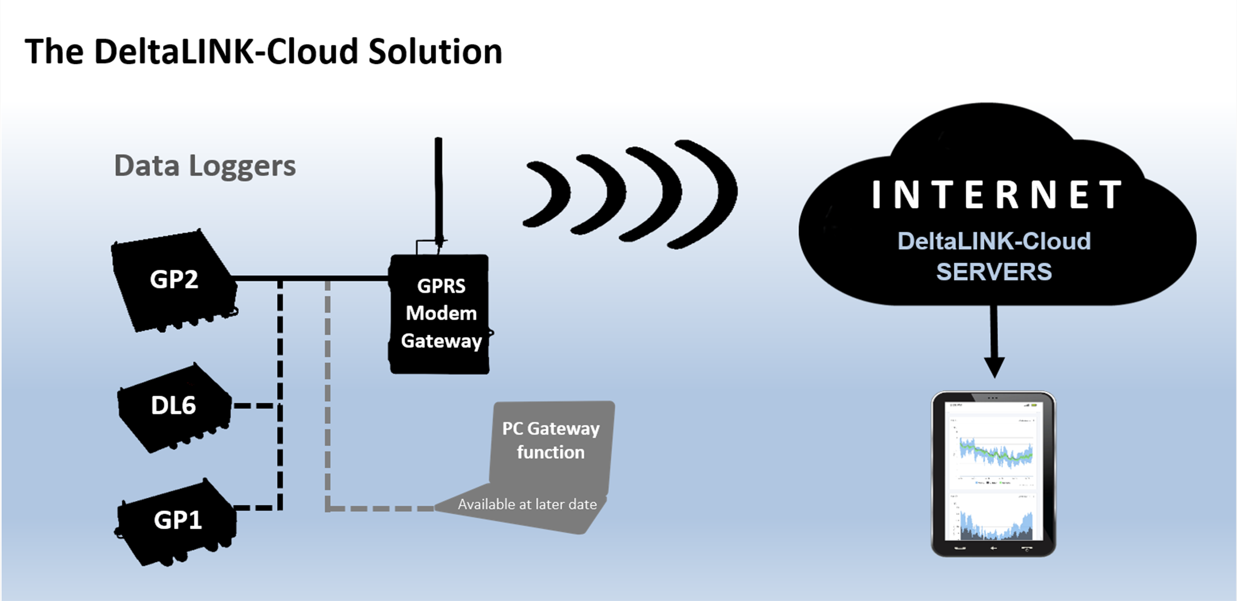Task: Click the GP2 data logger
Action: tap(174, 280)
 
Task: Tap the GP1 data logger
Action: tap(177, 521)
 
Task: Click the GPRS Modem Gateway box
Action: tap(440, 314)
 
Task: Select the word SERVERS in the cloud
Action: tap(993, 272)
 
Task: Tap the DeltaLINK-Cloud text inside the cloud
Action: tap(994, 241)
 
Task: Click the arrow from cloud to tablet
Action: tap(994, 342)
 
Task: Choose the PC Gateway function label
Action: tap(551, 440)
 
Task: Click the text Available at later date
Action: tap(527, 505)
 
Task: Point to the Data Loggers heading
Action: tap(205, 166)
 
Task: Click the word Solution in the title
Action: tap(435, 52)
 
